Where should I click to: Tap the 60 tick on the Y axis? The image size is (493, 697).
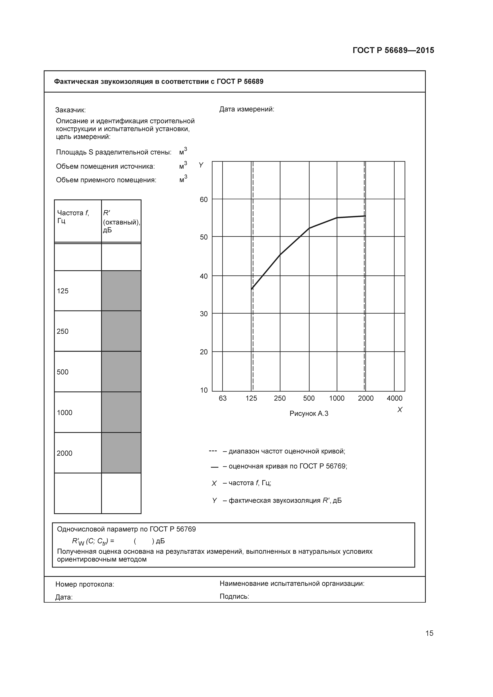point(204,200)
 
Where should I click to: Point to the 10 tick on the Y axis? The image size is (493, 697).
point(204,390)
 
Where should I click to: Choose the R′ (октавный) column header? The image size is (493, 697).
point(121,222)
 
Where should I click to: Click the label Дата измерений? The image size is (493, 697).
point(247,109)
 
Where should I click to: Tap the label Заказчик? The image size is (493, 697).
point(71,110)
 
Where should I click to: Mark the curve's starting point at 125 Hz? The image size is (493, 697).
point(252,289)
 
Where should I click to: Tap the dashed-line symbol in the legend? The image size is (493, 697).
point(213,451)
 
